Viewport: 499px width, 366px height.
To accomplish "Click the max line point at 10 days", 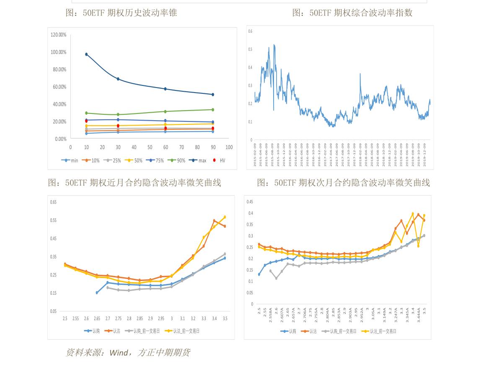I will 86,54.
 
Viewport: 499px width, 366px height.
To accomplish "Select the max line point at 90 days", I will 213,95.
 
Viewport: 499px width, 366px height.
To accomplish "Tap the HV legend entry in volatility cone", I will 220,160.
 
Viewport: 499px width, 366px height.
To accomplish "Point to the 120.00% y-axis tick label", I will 59,35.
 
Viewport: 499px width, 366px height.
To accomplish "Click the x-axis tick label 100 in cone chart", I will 229,147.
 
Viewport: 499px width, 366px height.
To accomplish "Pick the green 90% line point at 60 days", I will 165,111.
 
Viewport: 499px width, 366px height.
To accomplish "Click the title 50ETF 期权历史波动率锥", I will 122,13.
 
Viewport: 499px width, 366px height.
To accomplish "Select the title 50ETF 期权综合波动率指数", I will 352,13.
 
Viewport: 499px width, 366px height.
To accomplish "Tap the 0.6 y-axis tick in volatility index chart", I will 250,31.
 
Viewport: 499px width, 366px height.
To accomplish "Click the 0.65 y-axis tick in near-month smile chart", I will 53,202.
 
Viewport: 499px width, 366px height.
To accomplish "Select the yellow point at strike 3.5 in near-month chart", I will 225,217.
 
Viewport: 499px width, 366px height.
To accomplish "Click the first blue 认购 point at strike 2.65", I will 97,293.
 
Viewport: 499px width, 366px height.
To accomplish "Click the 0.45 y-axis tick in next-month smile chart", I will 250,202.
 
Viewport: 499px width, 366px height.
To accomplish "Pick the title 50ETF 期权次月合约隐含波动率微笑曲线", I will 343,183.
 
